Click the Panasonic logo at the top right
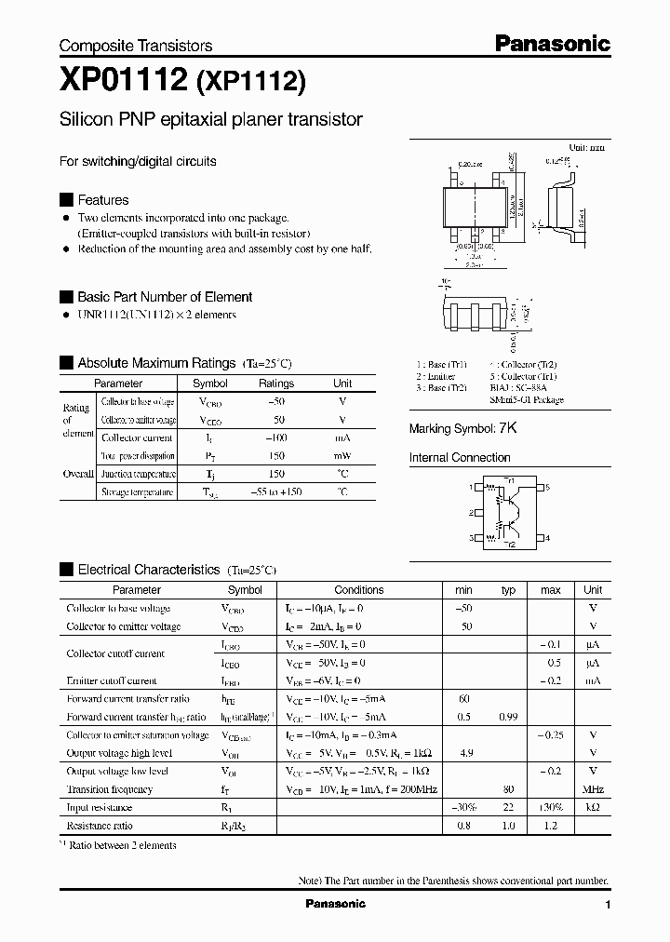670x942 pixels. [x=552, y=43]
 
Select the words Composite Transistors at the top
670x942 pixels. [x=136, y=46]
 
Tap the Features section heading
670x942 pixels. [x=102, y=200]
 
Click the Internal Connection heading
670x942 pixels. [x=460, y=458]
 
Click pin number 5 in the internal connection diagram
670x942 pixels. [x=548, y=487]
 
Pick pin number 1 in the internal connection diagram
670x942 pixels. [x=471, y=487]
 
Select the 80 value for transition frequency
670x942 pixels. [x=508, y=789]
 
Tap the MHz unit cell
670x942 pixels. [x=592, y=789]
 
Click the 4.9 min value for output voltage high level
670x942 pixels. [x=463, y=753]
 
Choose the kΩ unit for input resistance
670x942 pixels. [x=592, y=808]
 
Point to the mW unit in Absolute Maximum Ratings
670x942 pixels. [x=342, y=456]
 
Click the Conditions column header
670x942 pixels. [x=358, y=590]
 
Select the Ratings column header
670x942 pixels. [x=276, y=384]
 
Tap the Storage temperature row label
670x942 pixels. [x=137, y=492]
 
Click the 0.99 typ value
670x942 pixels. [x=508, y=717]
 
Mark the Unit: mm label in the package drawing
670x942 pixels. [x=586, y=148]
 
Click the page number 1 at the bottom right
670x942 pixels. [x=608, y=905]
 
